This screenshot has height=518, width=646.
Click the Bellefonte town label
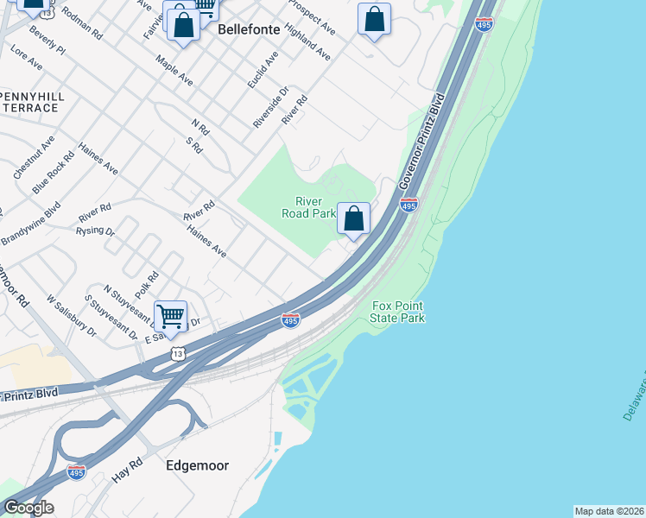pyautogui.click(x=249, y=29)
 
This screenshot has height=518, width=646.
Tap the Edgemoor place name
pyautogui.click(x=198, y=465)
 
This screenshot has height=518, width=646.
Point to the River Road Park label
pyautogui.click(x=309, y=207)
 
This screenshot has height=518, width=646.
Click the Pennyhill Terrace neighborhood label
pyautogui.click(x=29, y=101)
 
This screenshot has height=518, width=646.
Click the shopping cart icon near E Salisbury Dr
pyautogui.click(x=171, y=316)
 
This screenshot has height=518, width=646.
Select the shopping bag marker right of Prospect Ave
pyautogui.click(x=374, y=19)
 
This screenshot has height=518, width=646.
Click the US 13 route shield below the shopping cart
pyautogui.click(x=177, y=353)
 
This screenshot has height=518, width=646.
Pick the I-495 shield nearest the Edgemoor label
pyautogui.click(x=77, y=472)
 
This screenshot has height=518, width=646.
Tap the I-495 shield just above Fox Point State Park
pyautogui.click(x=290, y=320)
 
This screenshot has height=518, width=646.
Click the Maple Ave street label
pyautogui.click(x=174, y=71)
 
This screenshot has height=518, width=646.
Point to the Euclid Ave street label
pyautogui.click(x=263, y=70)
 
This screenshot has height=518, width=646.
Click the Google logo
pyautogui.click(x=28, y=508)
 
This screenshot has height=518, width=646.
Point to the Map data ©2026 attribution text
pyautogui.click(x=609, y=511)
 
